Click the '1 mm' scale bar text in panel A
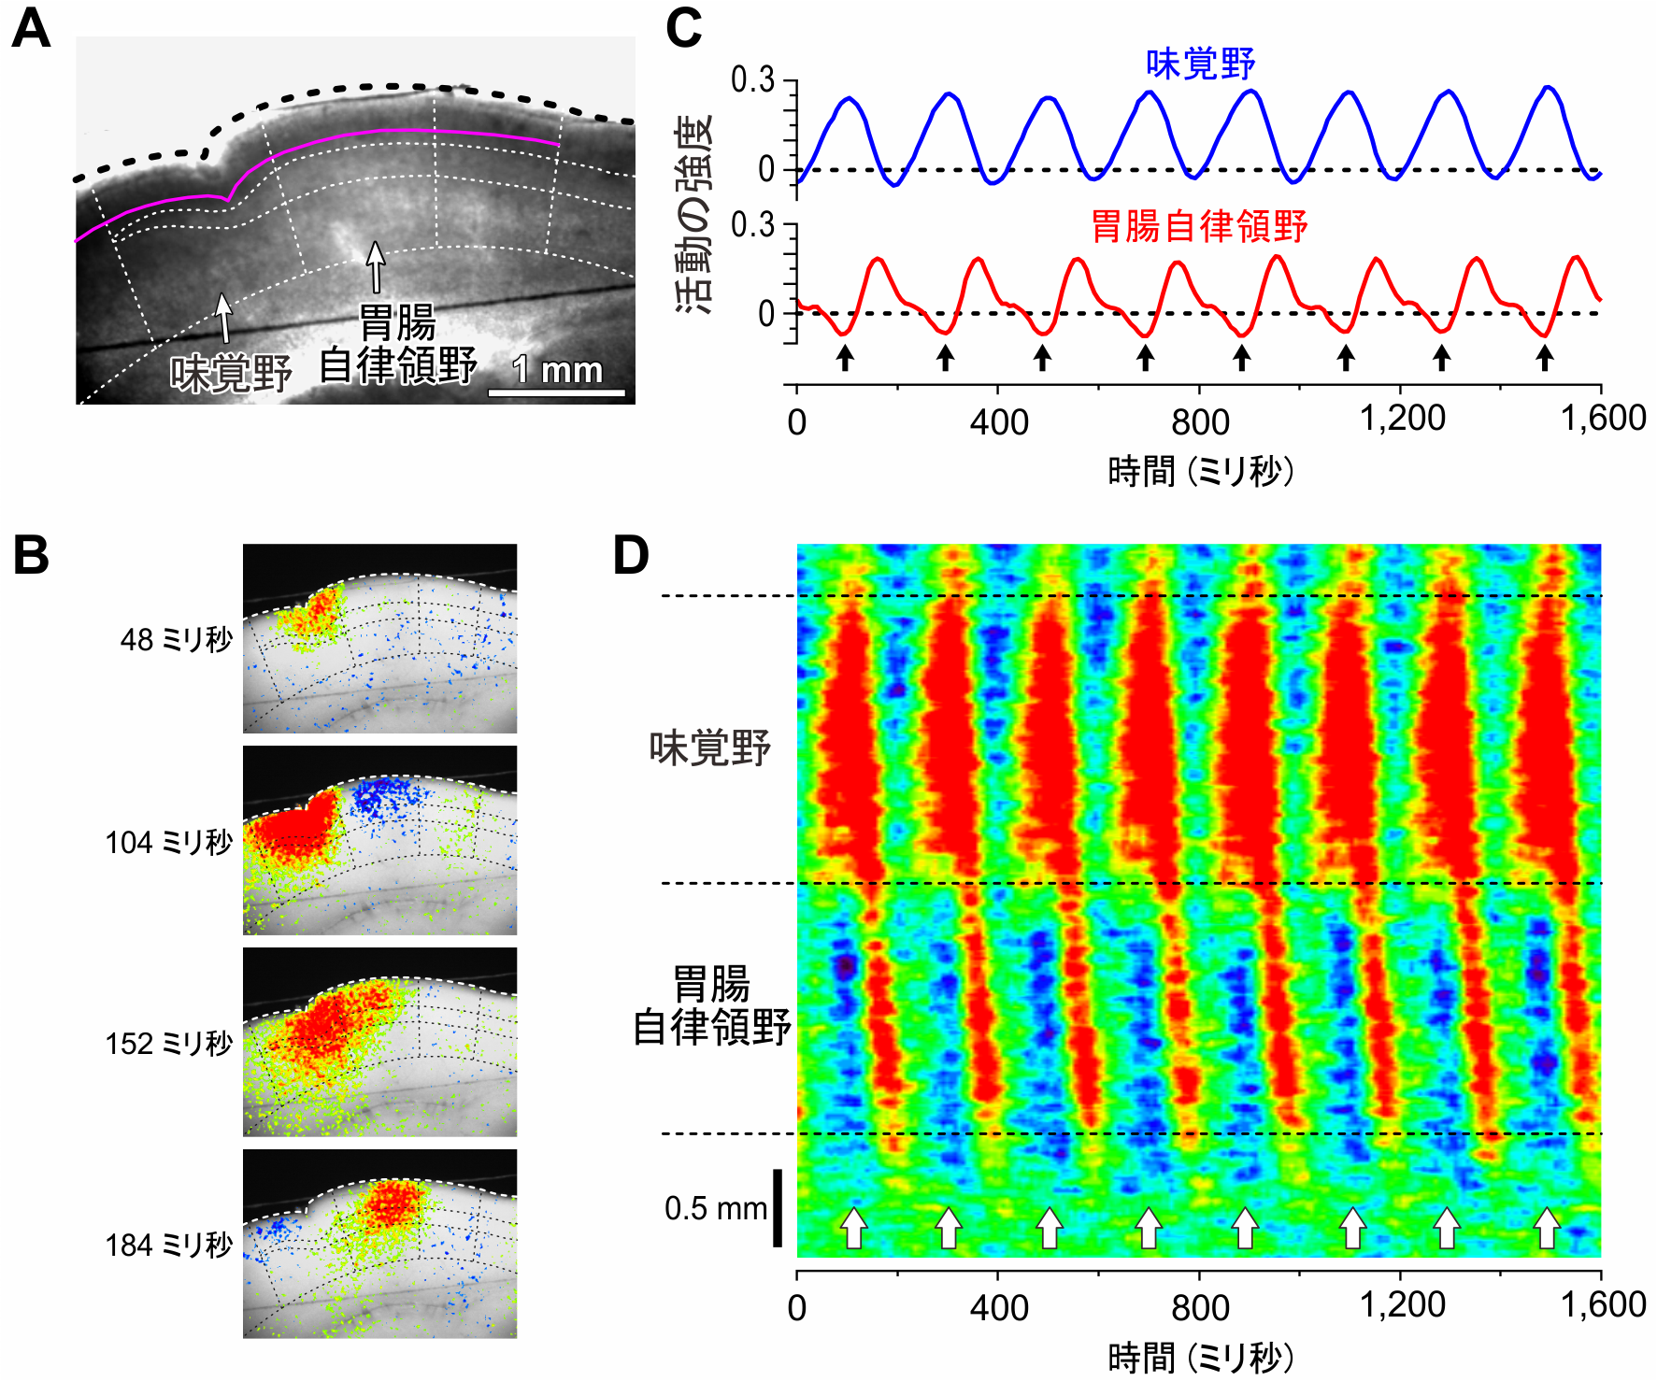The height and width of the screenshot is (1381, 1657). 558,371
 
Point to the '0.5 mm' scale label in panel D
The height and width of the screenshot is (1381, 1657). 715,1208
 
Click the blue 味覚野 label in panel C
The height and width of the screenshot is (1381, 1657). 1200,64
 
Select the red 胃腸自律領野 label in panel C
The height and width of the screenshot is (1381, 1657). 1199,226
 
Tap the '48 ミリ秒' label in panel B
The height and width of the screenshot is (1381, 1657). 176,640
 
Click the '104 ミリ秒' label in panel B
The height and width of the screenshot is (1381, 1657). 168,843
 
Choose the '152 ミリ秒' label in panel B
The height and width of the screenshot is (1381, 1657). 168,1044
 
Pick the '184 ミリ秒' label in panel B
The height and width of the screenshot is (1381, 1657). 168,1246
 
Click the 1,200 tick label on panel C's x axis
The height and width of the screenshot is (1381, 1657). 1401,419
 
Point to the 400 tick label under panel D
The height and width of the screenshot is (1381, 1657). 998,1306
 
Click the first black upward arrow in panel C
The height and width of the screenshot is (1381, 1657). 845,357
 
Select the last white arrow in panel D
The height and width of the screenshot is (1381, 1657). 1547,1228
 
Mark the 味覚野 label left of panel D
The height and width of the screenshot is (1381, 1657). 709,748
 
